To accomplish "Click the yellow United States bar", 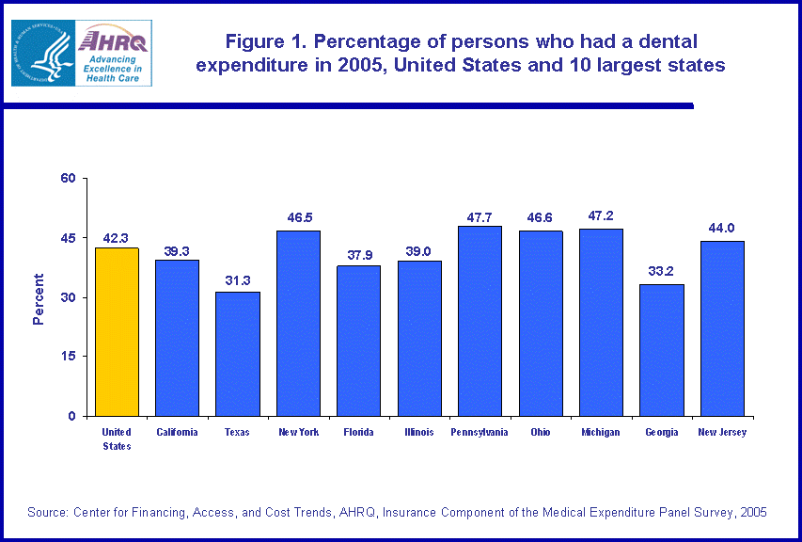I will pyautogui.click(x=117, y=331).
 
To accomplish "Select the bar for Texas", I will pyautogui.click(x=238, y=354).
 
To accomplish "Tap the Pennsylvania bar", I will pyautogui.click(x=480, y=321).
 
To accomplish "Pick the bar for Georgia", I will pyautogui.click(x=662, y=349).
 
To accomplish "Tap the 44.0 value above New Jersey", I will pyautogui.click(x=722, y=228).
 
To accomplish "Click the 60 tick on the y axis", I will pyautogui.click(x=69, y=178).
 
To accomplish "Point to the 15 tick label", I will pyautogui.click(x=69, y=357).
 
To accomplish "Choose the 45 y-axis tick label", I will pyautogui.click(x=69, y=238).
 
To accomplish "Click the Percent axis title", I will pyautogui.click(x=39, y=298).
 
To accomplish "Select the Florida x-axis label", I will pyautogui.click(x=359, y=433).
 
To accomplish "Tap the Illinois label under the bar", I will pyautogui.click(x=419, y=433).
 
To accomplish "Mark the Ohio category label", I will pyautogui.click(x=541, y=433).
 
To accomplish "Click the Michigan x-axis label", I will pyautogui.click(x=601, y=433).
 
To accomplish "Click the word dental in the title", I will pyautogui.click(x=662, y=42).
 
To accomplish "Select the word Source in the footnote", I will pyautogui.click(x=48, y=512).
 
